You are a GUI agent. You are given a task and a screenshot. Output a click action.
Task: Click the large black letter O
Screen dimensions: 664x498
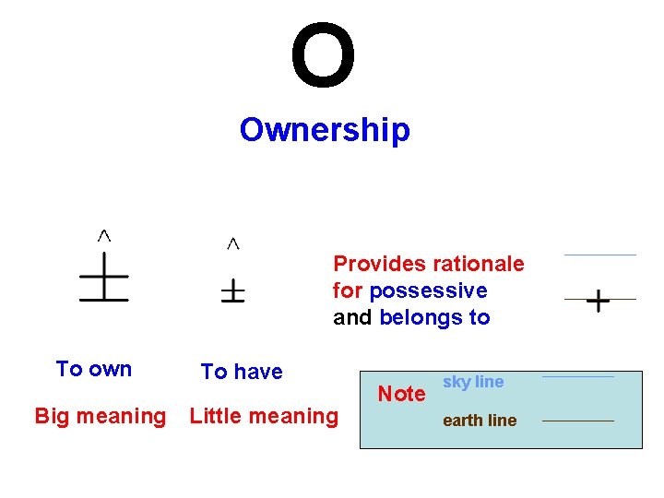click(x=323, y=56)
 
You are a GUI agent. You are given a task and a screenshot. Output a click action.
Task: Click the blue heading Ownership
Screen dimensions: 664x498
click(x=324, y=130)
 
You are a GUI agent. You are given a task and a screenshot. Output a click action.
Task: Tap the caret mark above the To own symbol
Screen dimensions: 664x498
click(x=105, y=236)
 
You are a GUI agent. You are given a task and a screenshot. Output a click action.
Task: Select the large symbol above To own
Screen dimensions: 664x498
click(x=103, y=279)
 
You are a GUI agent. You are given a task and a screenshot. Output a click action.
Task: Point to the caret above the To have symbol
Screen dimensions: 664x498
click(x=233, y=243)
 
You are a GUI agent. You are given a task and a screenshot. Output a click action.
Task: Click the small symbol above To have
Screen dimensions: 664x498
click(x=232, y=292)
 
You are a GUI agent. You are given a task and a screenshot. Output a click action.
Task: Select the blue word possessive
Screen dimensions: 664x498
click(x=428, y=291)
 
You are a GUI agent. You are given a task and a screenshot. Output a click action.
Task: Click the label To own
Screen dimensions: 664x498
click(x=93, y=370)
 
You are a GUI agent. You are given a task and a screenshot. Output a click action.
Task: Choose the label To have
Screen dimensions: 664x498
click(x=242, y=372)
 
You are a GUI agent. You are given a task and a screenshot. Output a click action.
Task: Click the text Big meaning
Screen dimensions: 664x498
click(x=100, y=417)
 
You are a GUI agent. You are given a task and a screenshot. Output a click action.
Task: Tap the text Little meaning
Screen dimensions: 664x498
click(x=264, y=417)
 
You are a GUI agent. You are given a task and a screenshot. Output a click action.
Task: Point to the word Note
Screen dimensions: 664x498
click(x=402, y=395)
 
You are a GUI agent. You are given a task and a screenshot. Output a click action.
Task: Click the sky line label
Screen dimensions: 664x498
click(x=473, y=382)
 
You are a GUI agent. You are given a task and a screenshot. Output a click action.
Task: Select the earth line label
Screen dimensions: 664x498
click(x=480, y=421)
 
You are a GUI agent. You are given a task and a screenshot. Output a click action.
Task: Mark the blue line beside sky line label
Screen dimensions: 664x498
click(x=577, y=376)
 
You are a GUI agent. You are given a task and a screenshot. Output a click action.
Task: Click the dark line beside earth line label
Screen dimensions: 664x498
click(x=577, y=421)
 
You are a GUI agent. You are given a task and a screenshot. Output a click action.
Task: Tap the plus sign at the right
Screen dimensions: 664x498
click(x=598, y=302)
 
